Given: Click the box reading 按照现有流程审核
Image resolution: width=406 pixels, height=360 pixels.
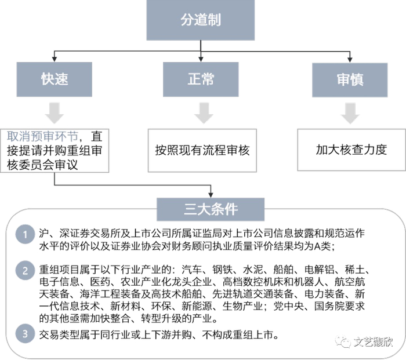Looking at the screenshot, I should point(202,150).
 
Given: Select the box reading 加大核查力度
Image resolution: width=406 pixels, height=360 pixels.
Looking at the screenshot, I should point(351,150).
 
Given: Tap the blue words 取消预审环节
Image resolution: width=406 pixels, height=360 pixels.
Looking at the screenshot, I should point(42,137).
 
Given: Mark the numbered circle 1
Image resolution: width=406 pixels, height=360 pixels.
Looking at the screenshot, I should point(24,233).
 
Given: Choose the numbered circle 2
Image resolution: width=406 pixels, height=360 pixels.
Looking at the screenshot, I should point(24,270).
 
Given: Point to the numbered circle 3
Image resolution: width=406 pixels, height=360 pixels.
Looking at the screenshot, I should point(24,333).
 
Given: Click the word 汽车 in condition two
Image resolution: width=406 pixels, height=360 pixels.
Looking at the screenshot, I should point(193,270).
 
